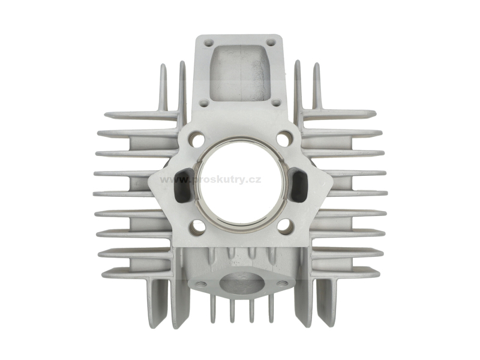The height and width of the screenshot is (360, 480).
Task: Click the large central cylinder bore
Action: click(241, 184)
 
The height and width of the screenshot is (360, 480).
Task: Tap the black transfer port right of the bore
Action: click(298, 185)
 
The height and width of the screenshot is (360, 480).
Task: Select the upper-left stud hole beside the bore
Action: click(197, 139)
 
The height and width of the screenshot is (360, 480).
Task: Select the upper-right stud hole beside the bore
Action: click(284, 138)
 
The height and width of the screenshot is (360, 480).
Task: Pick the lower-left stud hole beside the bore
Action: click(197, 227)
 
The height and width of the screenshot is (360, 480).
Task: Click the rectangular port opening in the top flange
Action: click(240, 73)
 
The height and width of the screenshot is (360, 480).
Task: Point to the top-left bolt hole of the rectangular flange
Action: click(208, 43)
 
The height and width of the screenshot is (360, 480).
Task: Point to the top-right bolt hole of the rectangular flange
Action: click(270, 43)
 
